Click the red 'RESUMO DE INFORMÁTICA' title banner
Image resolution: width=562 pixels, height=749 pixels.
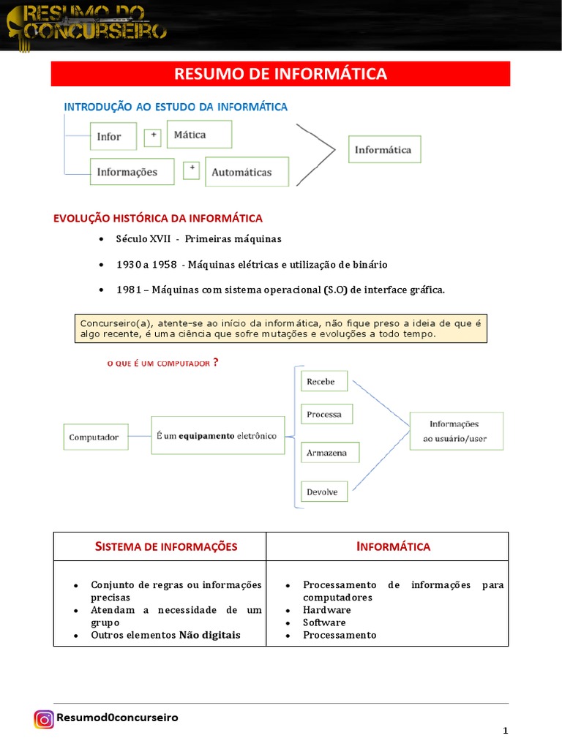280,74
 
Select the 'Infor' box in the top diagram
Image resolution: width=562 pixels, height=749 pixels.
115,136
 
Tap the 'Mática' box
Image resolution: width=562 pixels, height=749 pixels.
199,135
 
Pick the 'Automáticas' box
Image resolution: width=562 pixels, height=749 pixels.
247,172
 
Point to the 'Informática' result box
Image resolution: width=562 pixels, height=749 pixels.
384,149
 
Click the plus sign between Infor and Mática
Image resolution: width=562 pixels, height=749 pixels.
152,135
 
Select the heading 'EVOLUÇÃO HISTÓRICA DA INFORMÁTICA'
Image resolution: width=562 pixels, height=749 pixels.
158,218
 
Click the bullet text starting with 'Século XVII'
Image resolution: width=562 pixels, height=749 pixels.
198,239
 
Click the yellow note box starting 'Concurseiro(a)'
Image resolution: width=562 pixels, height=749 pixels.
281,328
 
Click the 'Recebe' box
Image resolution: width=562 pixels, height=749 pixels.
324,381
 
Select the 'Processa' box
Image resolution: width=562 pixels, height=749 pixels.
326,414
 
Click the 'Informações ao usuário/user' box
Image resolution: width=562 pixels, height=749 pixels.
456,432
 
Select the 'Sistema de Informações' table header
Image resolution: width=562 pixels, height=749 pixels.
160,546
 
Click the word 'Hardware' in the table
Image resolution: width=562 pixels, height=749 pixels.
327,609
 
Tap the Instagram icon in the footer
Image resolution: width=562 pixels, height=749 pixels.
44,719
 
